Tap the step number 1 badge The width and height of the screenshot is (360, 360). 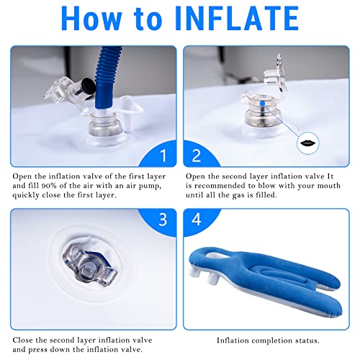pos(163,154)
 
